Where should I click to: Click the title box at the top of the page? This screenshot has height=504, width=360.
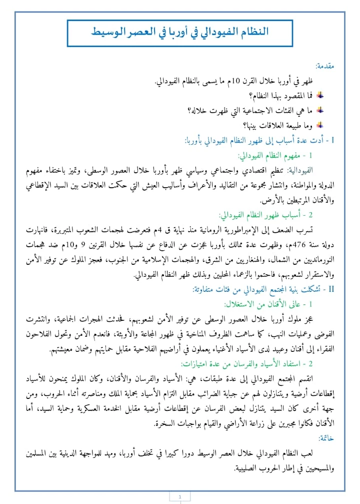click(x=179, y=34)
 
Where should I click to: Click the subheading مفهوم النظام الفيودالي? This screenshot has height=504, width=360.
click(x=270, y=156)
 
